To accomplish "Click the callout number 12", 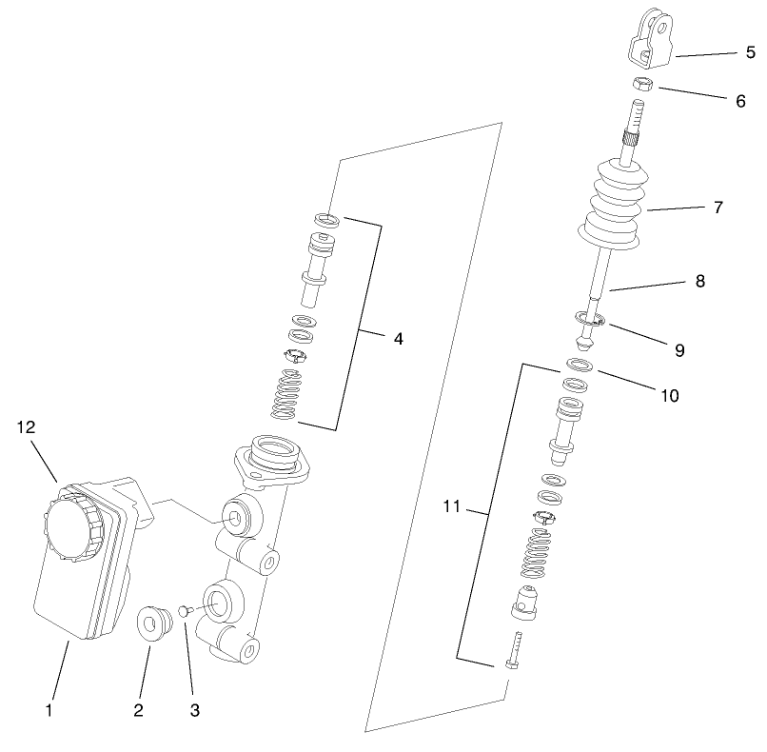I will (x=26, y=427).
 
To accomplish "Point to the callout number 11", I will (x=451, y=508).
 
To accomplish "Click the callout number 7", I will (x=718, y=207).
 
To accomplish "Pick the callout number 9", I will (x=679, y=349).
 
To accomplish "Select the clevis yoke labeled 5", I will (x=649, y=37).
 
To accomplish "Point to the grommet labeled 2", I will (x=151, y=623).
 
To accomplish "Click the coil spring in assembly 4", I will (x=285, y=394).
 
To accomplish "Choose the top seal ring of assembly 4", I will (x=328, y=221).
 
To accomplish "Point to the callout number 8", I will (x=700, y=282).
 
